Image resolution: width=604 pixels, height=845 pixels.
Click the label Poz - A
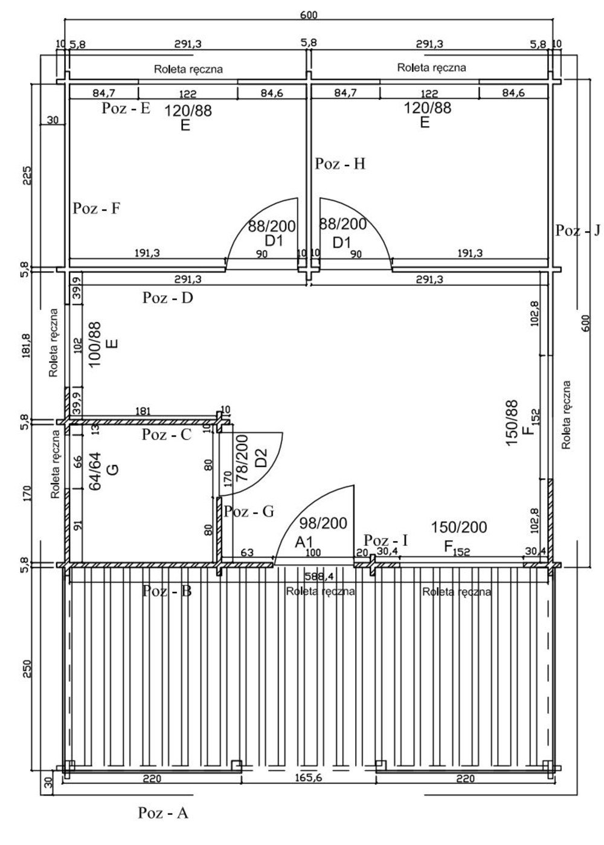163,823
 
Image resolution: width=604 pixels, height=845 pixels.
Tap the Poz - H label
340,164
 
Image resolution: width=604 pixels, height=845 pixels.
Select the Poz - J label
577,230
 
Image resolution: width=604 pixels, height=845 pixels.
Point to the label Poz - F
97,208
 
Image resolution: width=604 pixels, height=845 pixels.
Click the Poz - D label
167,298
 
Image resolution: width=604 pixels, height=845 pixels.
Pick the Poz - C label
167,434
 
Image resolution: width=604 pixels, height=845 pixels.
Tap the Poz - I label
385,540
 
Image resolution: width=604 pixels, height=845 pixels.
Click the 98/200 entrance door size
323,523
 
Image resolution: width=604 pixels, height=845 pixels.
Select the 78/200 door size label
242,458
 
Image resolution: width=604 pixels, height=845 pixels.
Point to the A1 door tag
304,542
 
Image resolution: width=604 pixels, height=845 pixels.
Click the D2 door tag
261,458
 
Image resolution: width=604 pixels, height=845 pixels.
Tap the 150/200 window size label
459,527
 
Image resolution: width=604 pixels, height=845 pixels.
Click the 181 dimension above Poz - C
143,411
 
